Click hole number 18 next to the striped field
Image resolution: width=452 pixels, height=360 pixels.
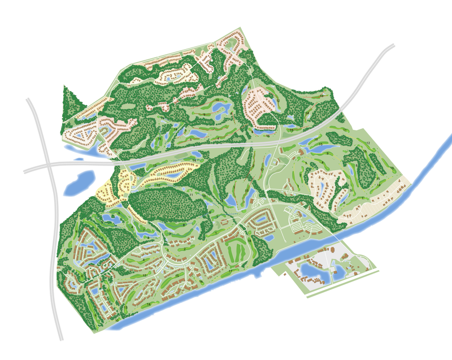[249, 240]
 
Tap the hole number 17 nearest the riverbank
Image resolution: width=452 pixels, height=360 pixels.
[231, 272]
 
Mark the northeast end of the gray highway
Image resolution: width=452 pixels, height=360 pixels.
[391, 47]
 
